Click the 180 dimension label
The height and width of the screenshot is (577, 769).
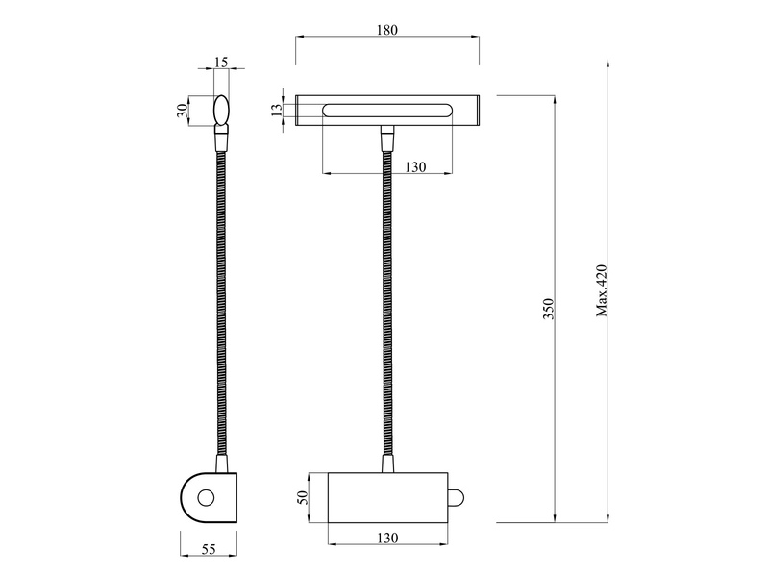click(x=388, y=28)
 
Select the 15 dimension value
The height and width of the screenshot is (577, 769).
click(x=221, y=63)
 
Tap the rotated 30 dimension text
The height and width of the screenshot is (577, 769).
click(x=182, y=110)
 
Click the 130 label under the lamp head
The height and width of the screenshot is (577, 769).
click(x=414, y=166)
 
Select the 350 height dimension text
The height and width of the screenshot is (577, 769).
click(x=548, y=308)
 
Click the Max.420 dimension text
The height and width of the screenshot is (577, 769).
click(x=602, y=288)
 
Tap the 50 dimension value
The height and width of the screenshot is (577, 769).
click(x=303, y=498)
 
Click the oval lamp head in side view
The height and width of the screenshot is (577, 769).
click(x=222, y=109)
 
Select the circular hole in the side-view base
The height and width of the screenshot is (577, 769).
click(x=206, y=498)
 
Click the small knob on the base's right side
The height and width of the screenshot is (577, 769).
click(x=457, y=498)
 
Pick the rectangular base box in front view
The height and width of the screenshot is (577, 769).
click(x=387, y=498)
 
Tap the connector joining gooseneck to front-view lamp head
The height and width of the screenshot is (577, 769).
click(x=387, y=138)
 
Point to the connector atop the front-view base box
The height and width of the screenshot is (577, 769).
click(x=388, y=465)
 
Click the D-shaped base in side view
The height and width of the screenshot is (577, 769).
click(x=209, y=498)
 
